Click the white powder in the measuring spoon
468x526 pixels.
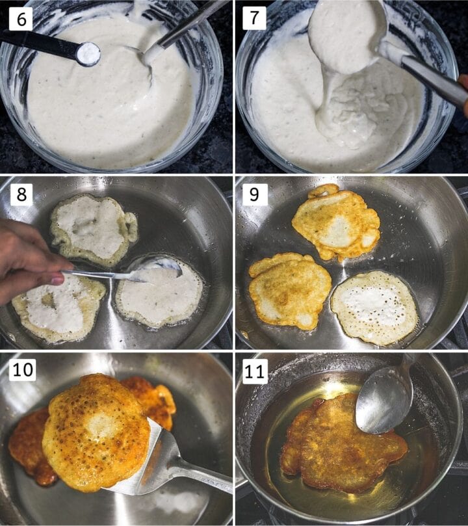pos(88,54)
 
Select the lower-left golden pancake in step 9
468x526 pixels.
pos(290,290)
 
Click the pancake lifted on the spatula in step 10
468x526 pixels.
pos(96,430)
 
